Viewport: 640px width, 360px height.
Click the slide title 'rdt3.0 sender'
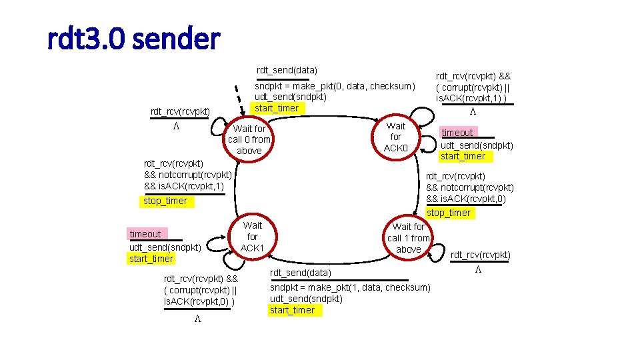[133, 39]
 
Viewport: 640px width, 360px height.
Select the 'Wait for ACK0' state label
[396, 137]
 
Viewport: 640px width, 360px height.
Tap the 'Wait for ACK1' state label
[253, 237]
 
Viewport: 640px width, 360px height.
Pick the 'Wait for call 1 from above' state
[409, 238]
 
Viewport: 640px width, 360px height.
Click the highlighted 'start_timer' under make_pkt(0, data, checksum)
[277, 107]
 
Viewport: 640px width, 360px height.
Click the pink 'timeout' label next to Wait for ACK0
[457, 133]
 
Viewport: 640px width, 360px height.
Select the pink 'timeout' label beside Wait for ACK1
[145, 234]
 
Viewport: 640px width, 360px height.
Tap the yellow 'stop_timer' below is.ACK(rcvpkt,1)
[165, 201]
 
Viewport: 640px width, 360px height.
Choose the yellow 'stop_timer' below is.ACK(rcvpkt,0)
[449, 213]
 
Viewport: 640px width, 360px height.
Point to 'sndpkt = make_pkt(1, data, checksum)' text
[349, 287]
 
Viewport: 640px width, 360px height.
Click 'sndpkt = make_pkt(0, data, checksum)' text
[335, 85]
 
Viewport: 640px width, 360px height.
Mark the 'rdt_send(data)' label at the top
[287, 70]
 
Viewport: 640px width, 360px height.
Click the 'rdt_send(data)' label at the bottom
[300, 273]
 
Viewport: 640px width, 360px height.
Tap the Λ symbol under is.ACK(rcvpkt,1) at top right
[473, 111]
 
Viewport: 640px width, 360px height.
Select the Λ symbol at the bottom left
[198, 319]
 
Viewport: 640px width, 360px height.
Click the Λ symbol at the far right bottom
[478, 270]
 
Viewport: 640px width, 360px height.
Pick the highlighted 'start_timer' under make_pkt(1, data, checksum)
[292, 310]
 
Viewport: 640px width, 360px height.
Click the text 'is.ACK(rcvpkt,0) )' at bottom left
[200, 302]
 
